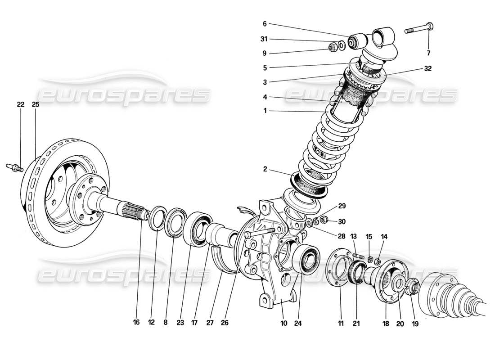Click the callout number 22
[x=20, y=104]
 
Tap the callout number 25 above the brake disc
[x=36, y=104]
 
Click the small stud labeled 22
[x=15, y=168]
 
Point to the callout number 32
[x=427, y=69]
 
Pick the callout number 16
[x=136, y=322]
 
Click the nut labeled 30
[x=328, y=221]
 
